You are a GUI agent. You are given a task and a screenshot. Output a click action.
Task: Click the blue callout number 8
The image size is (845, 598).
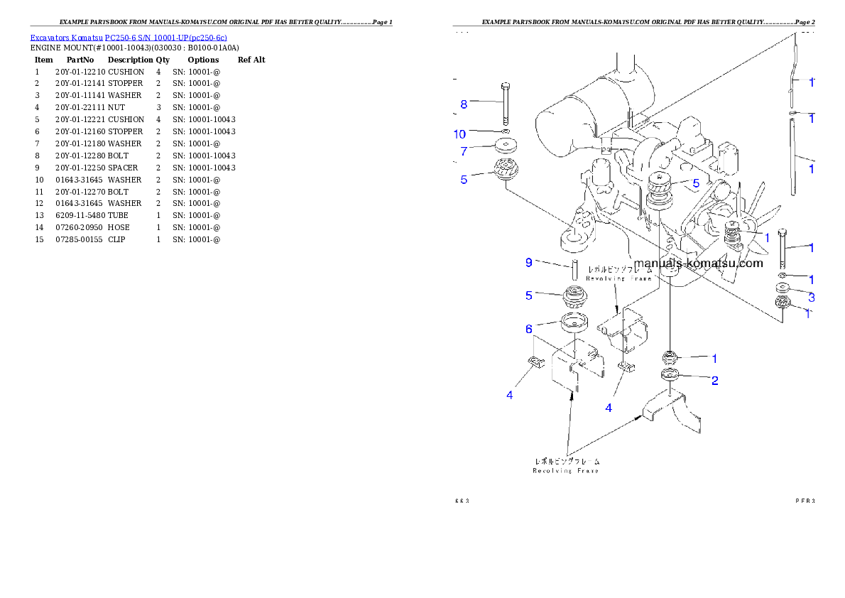pos(464,104)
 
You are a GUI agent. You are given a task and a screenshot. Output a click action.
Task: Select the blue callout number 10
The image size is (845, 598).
pos(460,134)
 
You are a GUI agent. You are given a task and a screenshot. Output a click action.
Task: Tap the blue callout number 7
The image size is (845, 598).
pos(464,151)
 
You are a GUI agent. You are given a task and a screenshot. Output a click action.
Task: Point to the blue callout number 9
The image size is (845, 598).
pos(529,263)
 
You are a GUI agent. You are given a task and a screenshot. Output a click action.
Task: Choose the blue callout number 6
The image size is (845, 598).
pos(529,329)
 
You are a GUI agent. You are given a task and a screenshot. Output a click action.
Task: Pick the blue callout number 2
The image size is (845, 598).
pos(715,381)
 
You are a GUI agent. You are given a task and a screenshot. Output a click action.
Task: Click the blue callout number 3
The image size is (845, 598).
pos(811,297)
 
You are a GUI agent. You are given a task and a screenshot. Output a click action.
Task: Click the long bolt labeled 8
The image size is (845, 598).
pos(505,104)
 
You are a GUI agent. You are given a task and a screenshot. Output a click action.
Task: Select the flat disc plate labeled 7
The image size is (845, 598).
pos(506,147)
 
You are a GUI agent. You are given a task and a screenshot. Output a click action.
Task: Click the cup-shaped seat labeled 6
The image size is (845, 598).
pos(574,322)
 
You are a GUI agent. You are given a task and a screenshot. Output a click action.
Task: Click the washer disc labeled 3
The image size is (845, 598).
pos(783,288)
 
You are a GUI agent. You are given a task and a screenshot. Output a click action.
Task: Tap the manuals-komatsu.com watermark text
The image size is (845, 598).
pos(699,263)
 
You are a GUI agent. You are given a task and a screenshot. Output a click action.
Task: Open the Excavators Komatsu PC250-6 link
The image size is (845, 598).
pos(129,38)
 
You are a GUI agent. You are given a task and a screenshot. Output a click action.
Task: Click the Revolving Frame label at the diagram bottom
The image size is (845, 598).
pos(566,465)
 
